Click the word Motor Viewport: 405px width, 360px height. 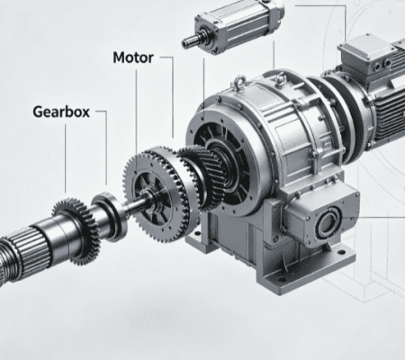(133, 58)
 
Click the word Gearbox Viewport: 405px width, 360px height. (61, 112)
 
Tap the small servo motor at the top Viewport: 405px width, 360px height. (233, 26)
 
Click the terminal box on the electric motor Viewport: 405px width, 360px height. (365, 55)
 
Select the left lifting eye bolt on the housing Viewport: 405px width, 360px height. (240, 81)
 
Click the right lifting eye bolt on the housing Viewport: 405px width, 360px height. (281, 79)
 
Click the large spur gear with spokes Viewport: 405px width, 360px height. (157, 194)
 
